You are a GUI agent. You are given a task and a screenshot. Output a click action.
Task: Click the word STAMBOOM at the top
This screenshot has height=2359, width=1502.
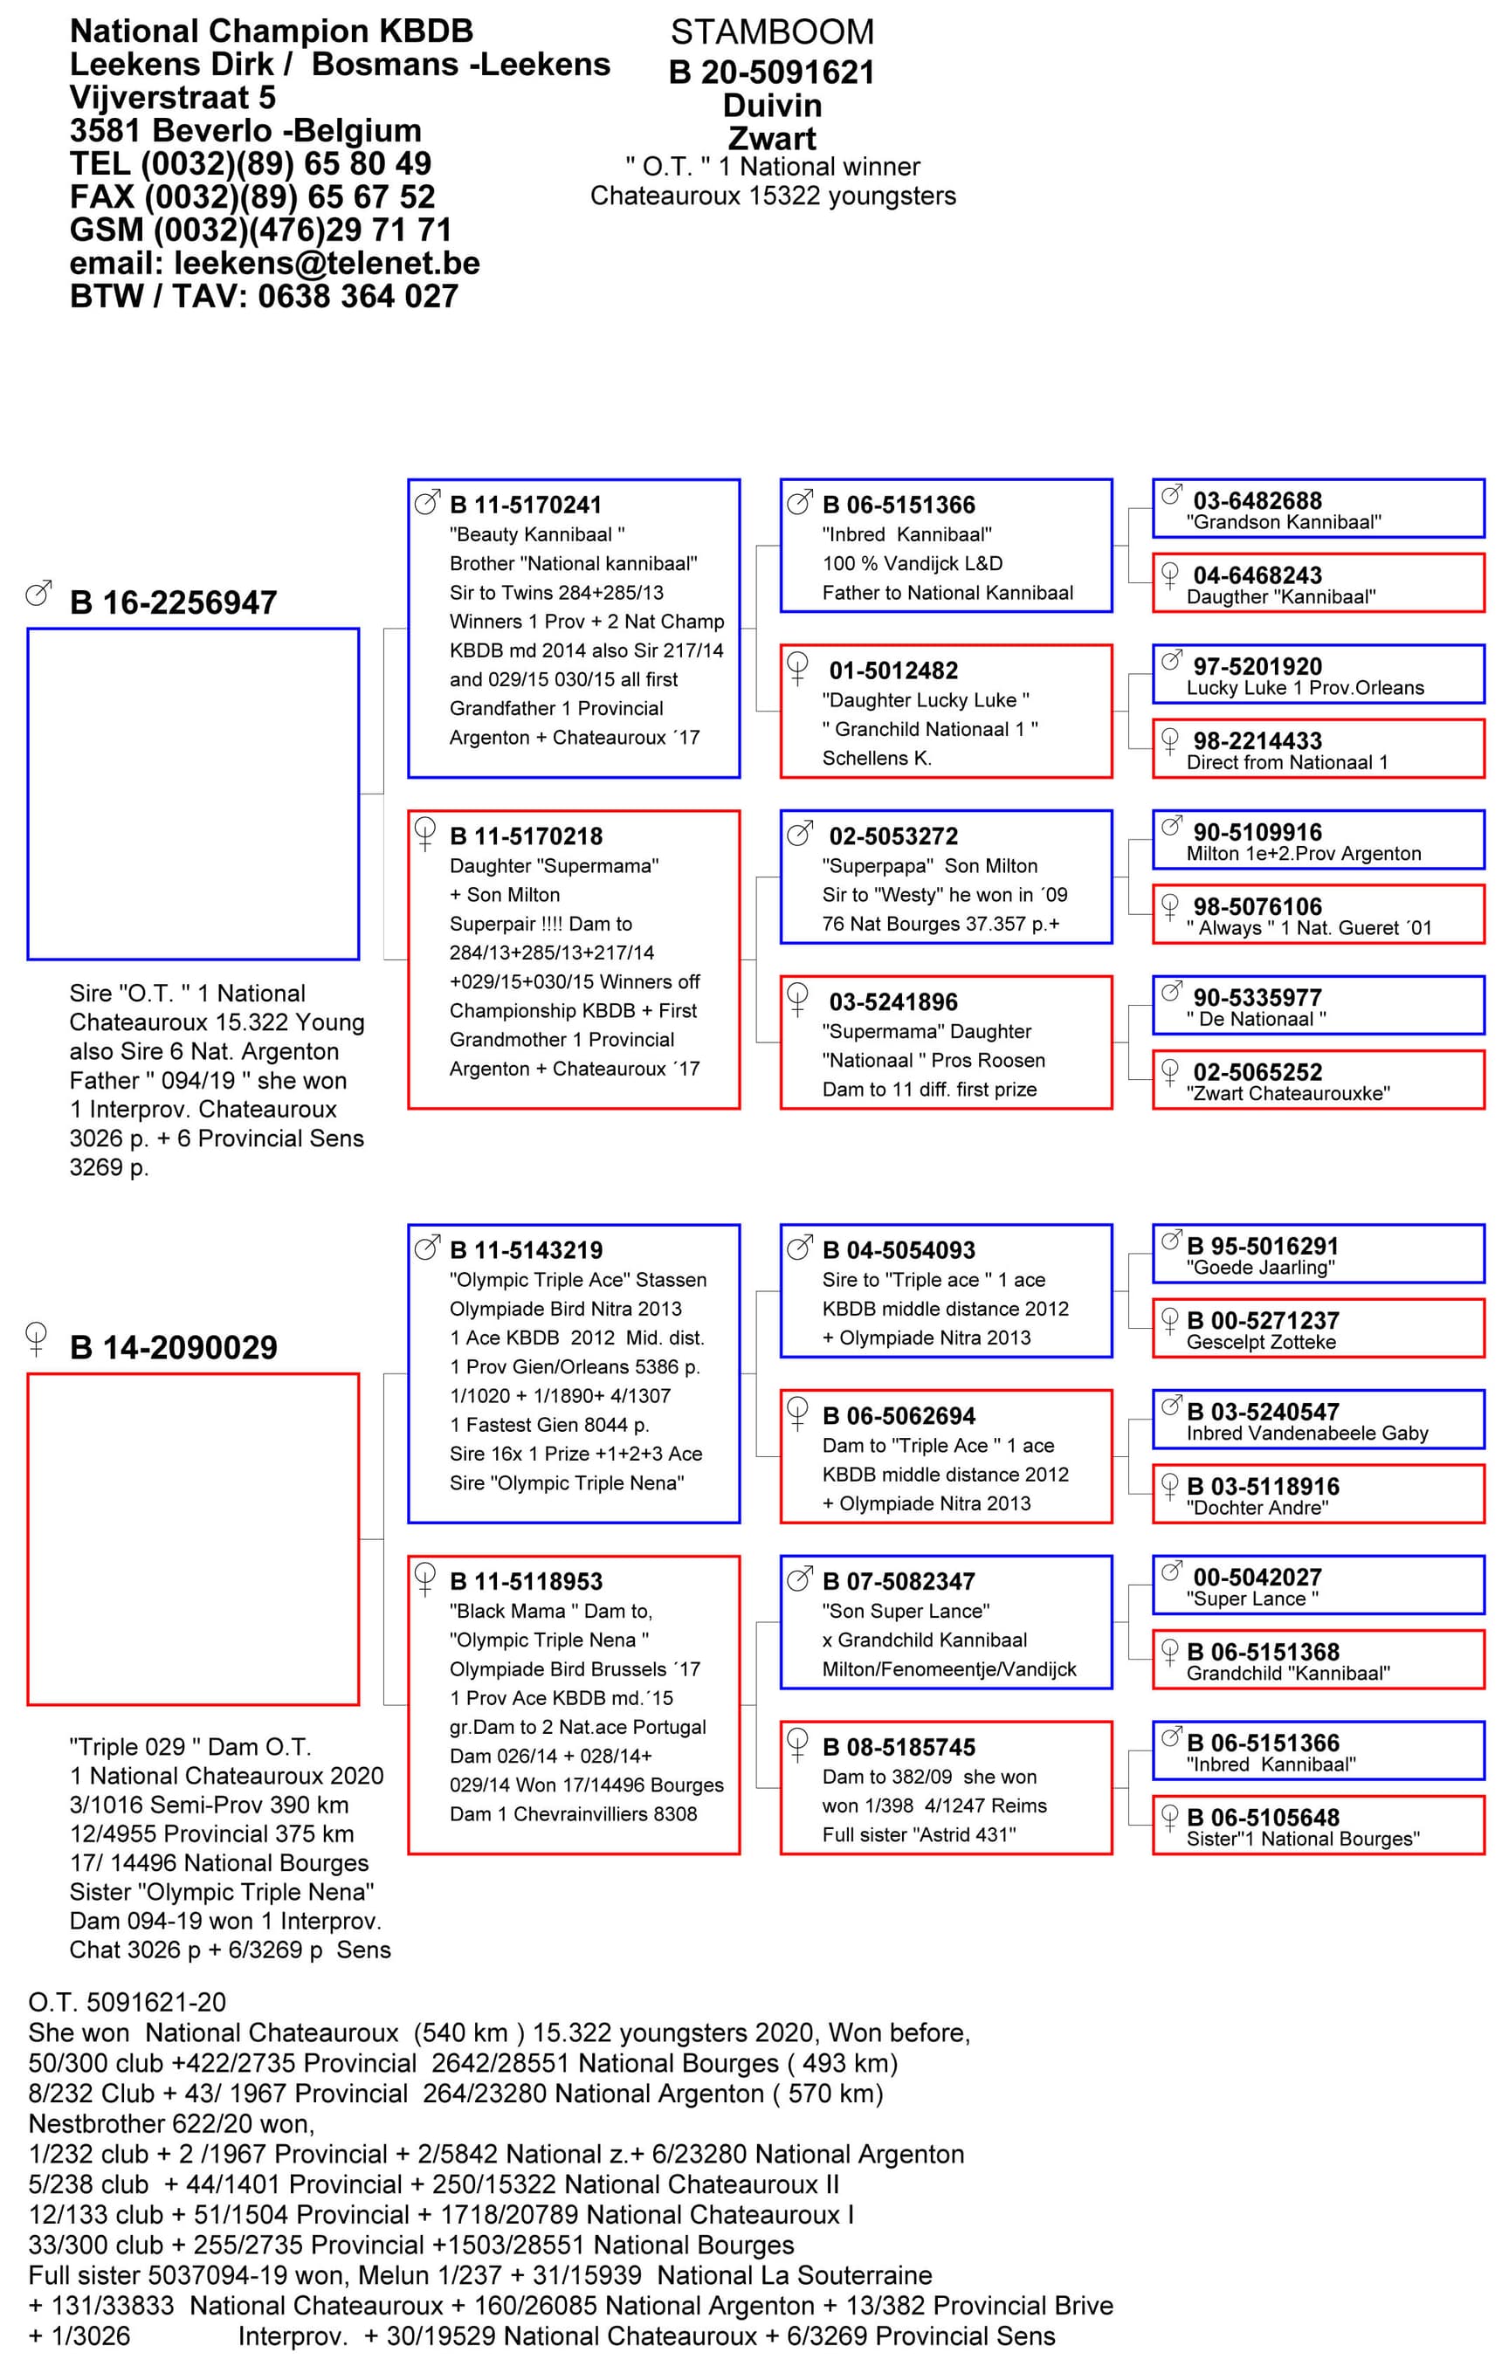click(x=771, y=32)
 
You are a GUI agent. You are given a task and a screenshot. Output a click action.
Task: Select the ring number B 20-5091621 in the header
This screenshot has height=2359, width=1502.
click(x=771, y=72)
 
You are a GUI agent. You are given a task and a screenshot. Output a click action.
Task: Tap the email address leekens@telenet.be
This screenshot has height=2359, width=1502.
click(x=327, y=263)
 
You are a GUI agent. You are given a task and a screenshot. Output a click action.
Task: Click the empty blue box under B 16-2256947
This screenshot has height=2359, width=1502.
click(x=193, y=794)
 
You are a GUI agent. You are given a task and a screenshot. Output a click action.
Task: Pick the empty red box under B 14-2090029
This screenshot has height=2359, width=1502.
click(x=193, y=1539)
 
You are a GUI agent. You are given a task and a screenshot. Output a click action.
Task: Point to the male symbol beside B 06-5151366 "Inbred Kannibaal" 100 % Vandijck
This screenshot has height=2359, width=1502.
click(x=800, y=504)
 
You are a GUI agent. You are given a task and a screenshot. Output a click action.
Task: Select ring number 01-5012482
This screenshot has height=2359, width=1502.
click(x=892, y=671)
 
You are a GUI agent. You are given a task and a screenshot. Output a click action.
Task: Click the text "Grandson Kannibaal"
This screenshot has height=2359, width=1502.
click(x=1284, y=522)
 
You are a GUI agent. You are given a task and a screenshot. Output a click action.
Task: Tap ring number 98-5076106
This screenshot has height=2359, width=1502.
click(x=1257, y=906)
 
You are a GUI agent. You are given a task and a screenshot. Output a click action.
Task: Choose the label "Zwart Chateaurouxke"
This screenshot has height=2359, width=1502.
click(x=1287, y=1093)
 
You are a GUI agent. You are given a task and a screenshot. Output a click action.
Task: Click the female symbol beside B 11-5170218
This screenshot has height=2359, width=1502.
click(x=425, y=834)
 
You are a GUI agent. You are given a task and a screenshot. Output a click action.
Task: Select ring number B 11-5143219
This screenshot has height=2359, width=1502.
click(x=527, y=1250)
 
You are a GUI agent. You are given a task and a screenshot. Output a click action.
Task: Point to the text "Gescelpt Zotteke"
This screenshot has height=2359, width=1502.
click(x=1261, y=1342)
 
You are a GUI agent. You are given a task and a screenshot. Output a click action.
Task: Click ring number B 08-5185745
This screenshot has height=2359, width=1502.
click(x=899, y=1747)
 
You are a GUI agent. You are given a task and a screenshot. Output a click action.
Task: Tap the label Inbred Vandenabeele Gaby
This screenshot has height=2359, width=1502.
click(x=1307, y=1434)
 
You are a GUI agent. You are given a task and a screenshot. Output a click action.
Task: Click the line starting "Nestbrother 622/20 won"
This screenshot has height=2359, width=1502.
click(x=171, y=2123)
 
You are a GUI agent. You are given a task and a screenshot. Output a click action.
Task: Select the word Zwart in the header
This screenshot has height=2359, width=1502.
click(x=771, y=138)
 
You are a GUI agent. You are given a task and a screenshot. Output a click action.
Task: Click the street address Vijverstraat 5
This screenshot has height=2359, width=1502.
click(x=172, y=98)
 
